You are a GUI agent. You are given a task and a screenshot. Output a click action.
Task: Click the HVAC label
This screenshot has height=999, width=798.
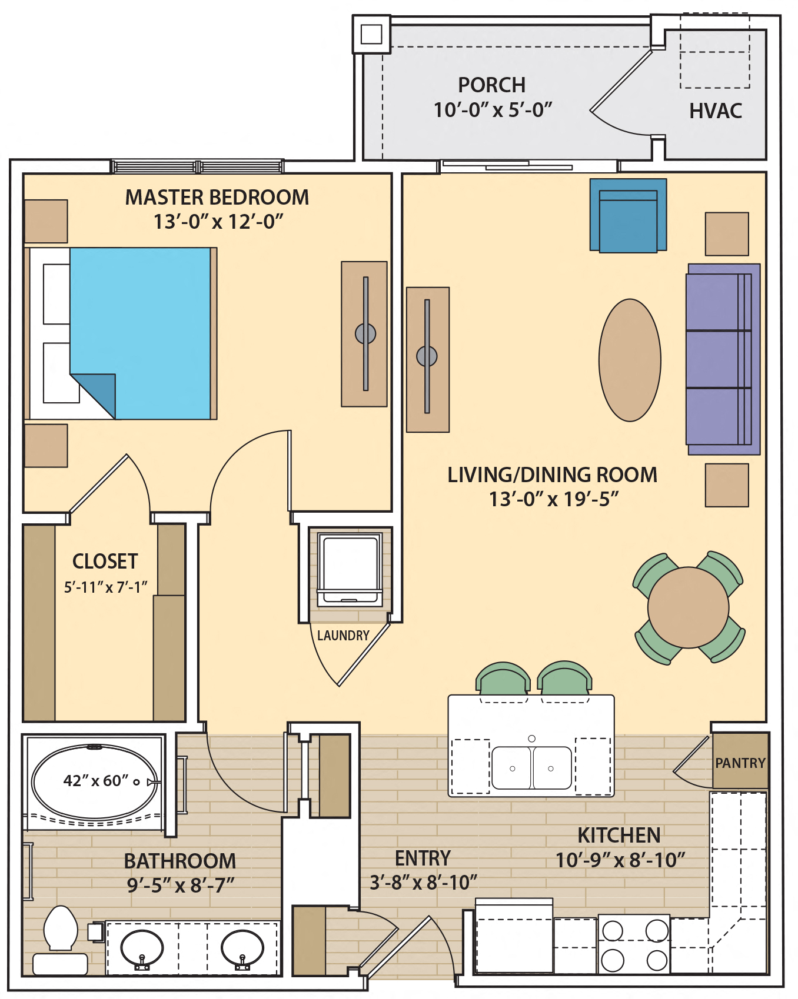715,111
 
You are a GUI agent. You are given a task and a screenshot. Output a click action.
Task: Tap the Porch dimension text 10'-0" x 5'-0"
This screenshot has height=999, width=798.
493,110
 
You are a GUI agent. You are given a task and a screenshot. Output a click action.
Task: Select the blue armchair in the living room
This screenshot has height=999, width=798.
628,216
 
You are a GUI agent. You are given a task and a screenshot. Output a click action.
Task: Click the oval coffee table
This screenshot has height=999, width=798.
629,360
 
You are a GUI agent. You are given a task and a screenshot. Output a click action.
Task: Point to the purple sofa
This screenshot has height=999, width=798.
722,359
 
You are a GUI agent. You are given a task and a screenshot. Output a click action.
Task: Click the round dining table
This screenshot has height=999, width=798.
687,607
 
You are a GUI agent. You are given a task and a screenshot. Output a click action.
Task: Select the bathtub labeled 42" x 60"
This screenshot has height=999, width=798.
94,781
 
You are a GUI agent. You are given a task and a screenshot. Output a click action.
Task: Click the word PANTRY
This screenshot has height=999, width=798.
740,763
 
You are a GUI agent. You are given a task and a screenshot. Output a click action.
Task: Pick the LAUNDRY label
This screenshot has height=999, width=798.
343,636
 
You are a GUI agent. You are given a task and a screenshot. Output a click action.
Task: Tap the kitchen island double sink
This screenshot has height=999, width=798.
531,768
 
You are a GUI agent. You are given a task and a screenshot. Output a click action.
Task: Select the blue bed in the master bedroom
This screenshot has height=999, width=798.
139,333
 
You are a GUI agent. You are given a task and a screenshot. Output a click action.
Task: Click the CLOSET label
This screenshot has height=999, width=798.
105,562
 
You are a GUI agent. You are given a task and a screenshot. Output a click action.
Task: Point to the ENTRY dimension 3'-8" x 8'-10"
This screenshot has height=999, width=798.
423,883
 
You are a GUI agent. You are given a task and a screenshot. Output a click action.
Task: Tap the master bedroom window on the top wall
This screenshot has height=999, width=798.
198,166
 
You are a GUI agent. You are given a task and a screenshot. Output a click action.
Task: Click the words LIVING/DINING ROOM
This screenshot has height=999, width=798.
552,475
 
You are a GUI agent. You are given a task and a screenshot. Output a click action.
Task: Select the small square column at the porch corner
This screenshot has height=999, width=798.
371,34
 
